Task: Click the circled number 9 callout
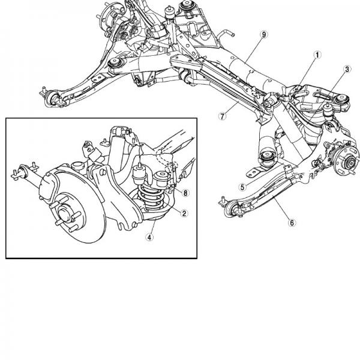click(x=263, y=35)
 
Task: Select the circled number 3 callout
click(x=346, y=70)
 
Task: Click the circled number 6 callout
click(x=292, y=223)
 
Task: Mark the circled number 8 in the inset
click(x=186, y=193)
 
